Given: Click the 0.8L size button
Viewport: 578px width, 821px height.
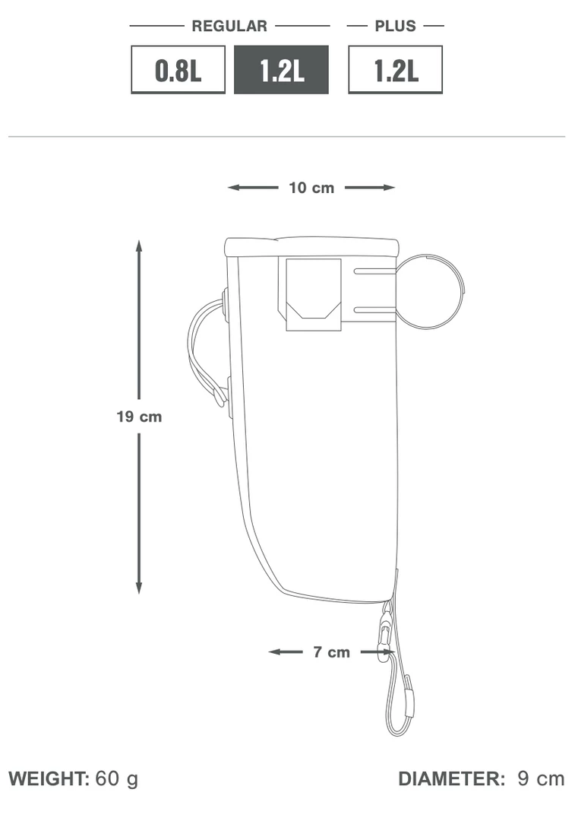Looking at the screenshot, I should pos(178,70).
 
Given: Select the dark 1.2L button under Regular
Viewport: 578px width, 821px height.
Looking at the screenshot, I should pos(281,70).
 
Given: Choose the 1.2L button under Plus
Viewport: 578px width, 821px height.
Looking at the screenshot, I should pos(395,70).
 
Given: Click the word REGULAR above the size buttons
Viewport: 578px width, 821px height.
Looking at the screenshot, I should pos(229,26).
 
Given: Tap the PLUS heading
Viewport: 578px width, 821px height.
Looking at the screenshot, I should pos(395,26).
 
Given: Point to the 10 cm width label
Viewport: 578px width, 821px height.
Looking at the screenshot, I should pos(311,188).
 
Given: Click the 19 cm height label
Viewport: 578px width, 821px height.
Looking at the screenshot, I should pos(139,417).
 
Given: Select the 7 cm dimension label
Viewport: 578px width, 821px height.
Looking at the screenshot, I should pos(332,652).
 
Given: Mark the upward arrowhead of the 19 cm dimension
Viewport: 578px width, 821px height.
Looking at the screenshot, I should pos(139,246).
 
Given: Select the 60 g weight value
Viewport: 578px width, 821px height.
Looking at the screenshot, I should pos(117,778).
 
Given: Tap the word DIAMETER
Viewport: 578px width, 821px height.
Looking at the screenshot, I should pos(451,778).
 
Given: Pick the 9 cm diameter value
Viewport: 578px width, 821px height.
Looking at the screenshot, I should pos(541,778).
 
